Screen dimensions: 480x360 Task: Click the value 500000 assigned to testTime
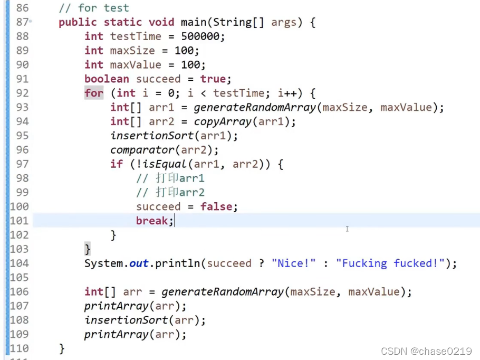[203, 36]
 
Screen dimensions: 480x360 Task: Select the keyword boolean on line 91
[107, 79]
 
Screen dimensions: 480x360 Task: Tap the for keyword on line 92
[94, 93]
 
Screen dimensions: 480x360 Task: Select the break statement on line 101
[153, 221]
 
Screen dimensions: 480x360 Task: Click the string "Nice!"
[293, 263]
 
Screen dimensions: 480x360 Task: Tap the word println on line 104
[178, 263]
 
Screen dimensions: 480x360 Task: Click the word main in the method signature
[194, 22]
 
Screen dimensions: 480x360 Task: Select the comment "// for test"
[94, 8]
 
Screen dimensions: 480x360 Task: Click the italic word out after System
[139, 263]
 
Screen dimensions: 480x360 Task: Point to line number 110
[20, 348]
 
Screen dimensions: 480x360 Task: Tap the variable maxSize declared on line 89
[132, 51]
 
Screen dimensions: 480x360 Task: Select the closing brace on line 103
[88, 249]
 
